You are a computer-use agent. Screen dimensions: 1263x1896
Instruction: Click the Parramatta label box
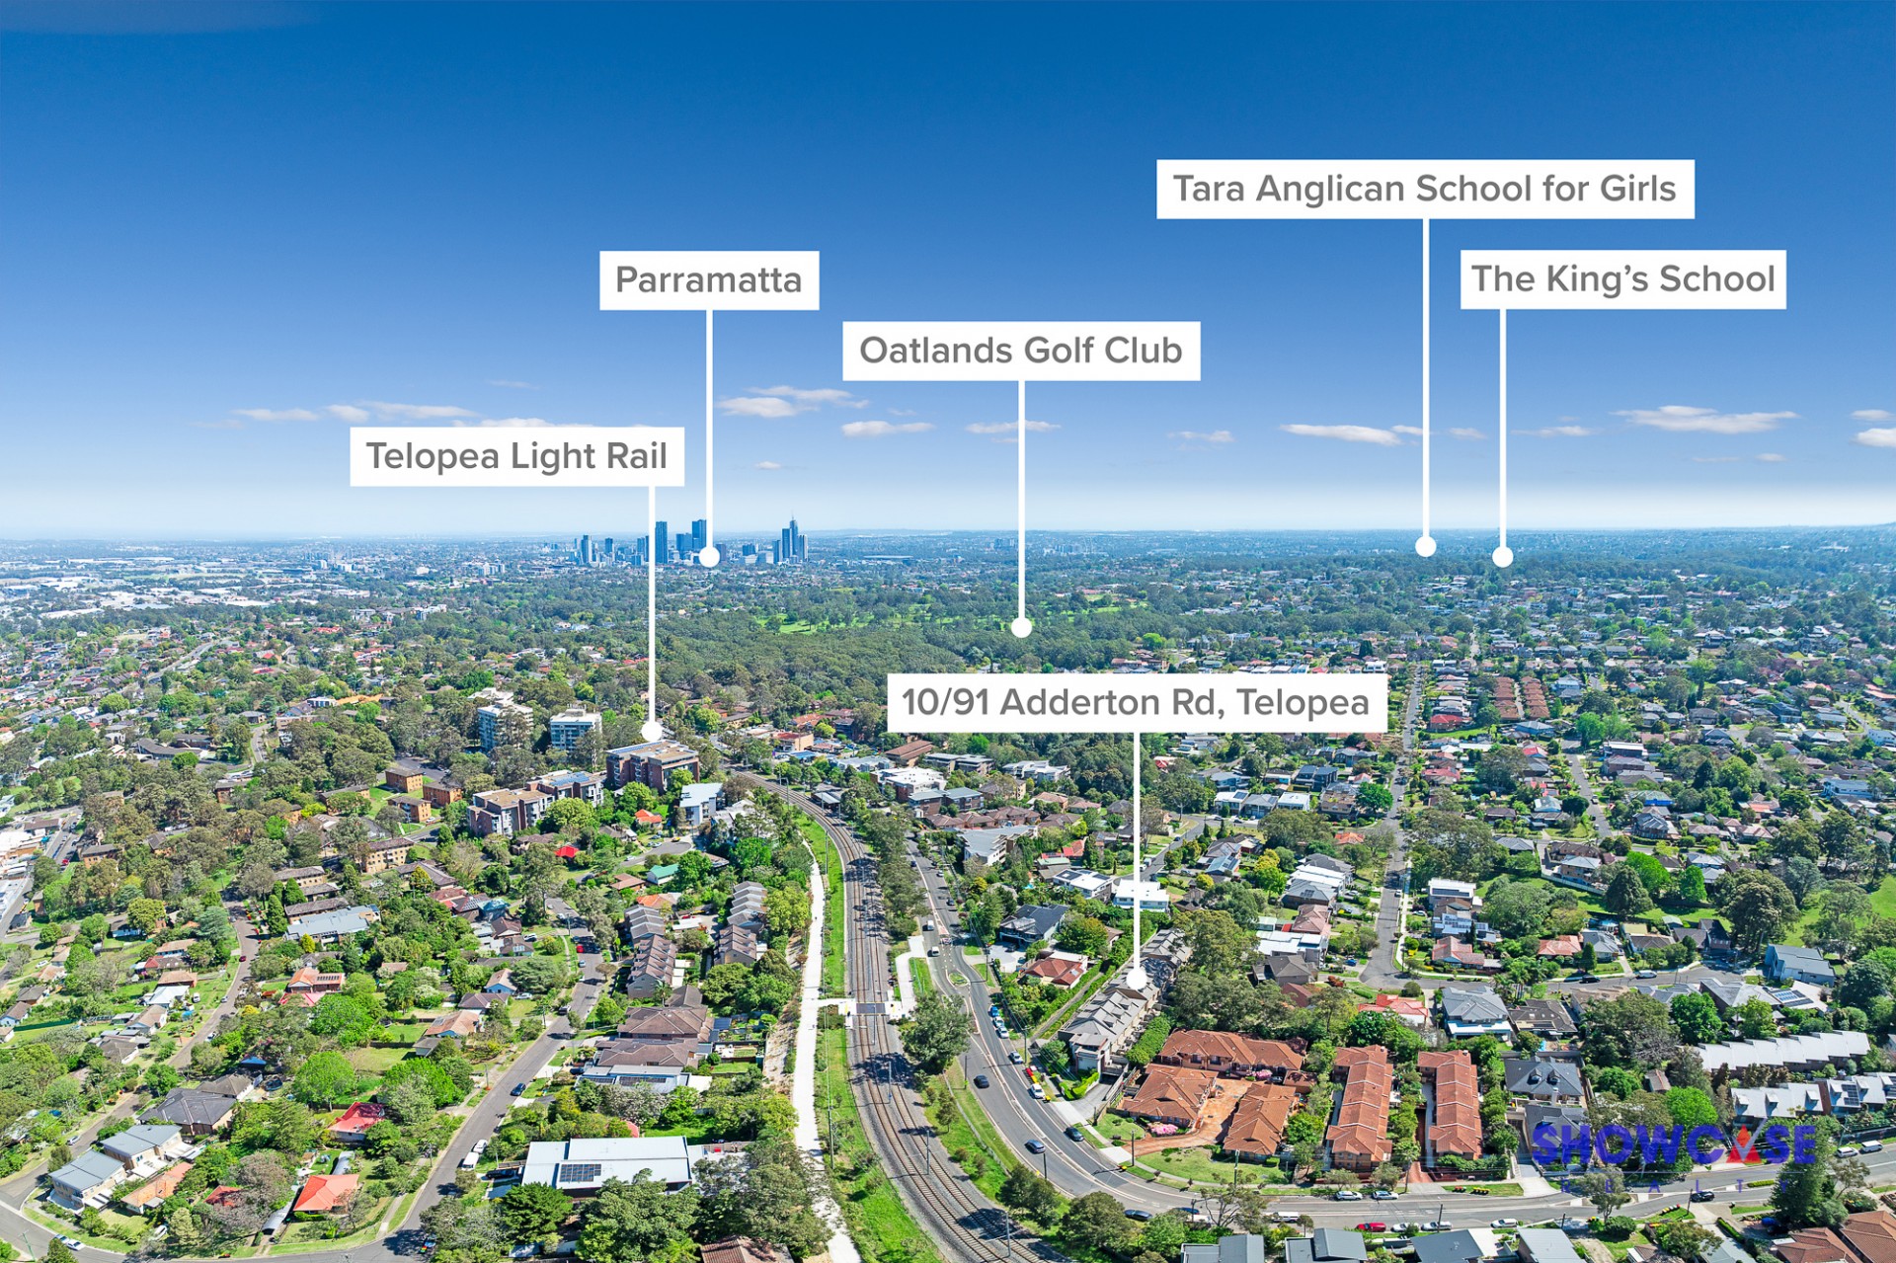coord(708,279)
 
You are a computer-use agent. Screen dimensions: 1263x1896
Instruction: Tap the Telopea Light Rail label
coord(516,456)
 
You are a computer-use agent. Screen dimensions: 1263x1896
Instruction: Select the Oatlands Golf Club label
coord(1020,351)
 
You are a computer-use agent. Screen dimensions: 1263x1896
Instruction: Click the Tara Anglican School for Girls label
coord(1424,189)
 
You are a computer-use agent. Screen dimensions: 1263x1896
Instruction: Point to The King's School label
coord(1622,279)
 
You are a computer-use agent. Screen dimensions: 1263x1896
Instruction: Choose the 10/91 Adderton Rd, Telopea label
coord(1136,702)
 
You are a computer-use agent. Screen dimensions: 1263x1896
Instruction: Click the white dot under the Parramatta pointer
coord(708,557)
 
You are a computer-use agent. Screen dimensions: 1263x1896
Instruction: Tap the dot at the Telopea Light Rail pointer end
coord(652,731)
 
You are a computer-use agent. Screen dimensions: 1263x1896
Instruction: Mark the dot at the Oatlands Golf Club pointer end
coord(1021,626)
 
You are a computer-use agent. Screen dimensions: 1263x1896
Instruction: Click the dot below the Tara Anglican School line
coord(1425,546)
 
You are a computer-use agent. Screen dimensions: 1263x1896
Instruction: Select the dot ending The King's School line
coord(1502,557)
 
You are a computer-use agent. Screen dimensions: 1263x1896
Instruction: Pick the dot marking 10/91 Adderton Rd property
coord(1136,979)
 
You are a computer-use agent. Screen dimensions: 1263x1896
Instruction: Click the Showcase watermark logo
coord(1673,1145)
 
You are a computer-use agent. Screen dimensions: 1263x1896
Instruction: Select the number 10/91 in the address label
coord(945,702)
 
